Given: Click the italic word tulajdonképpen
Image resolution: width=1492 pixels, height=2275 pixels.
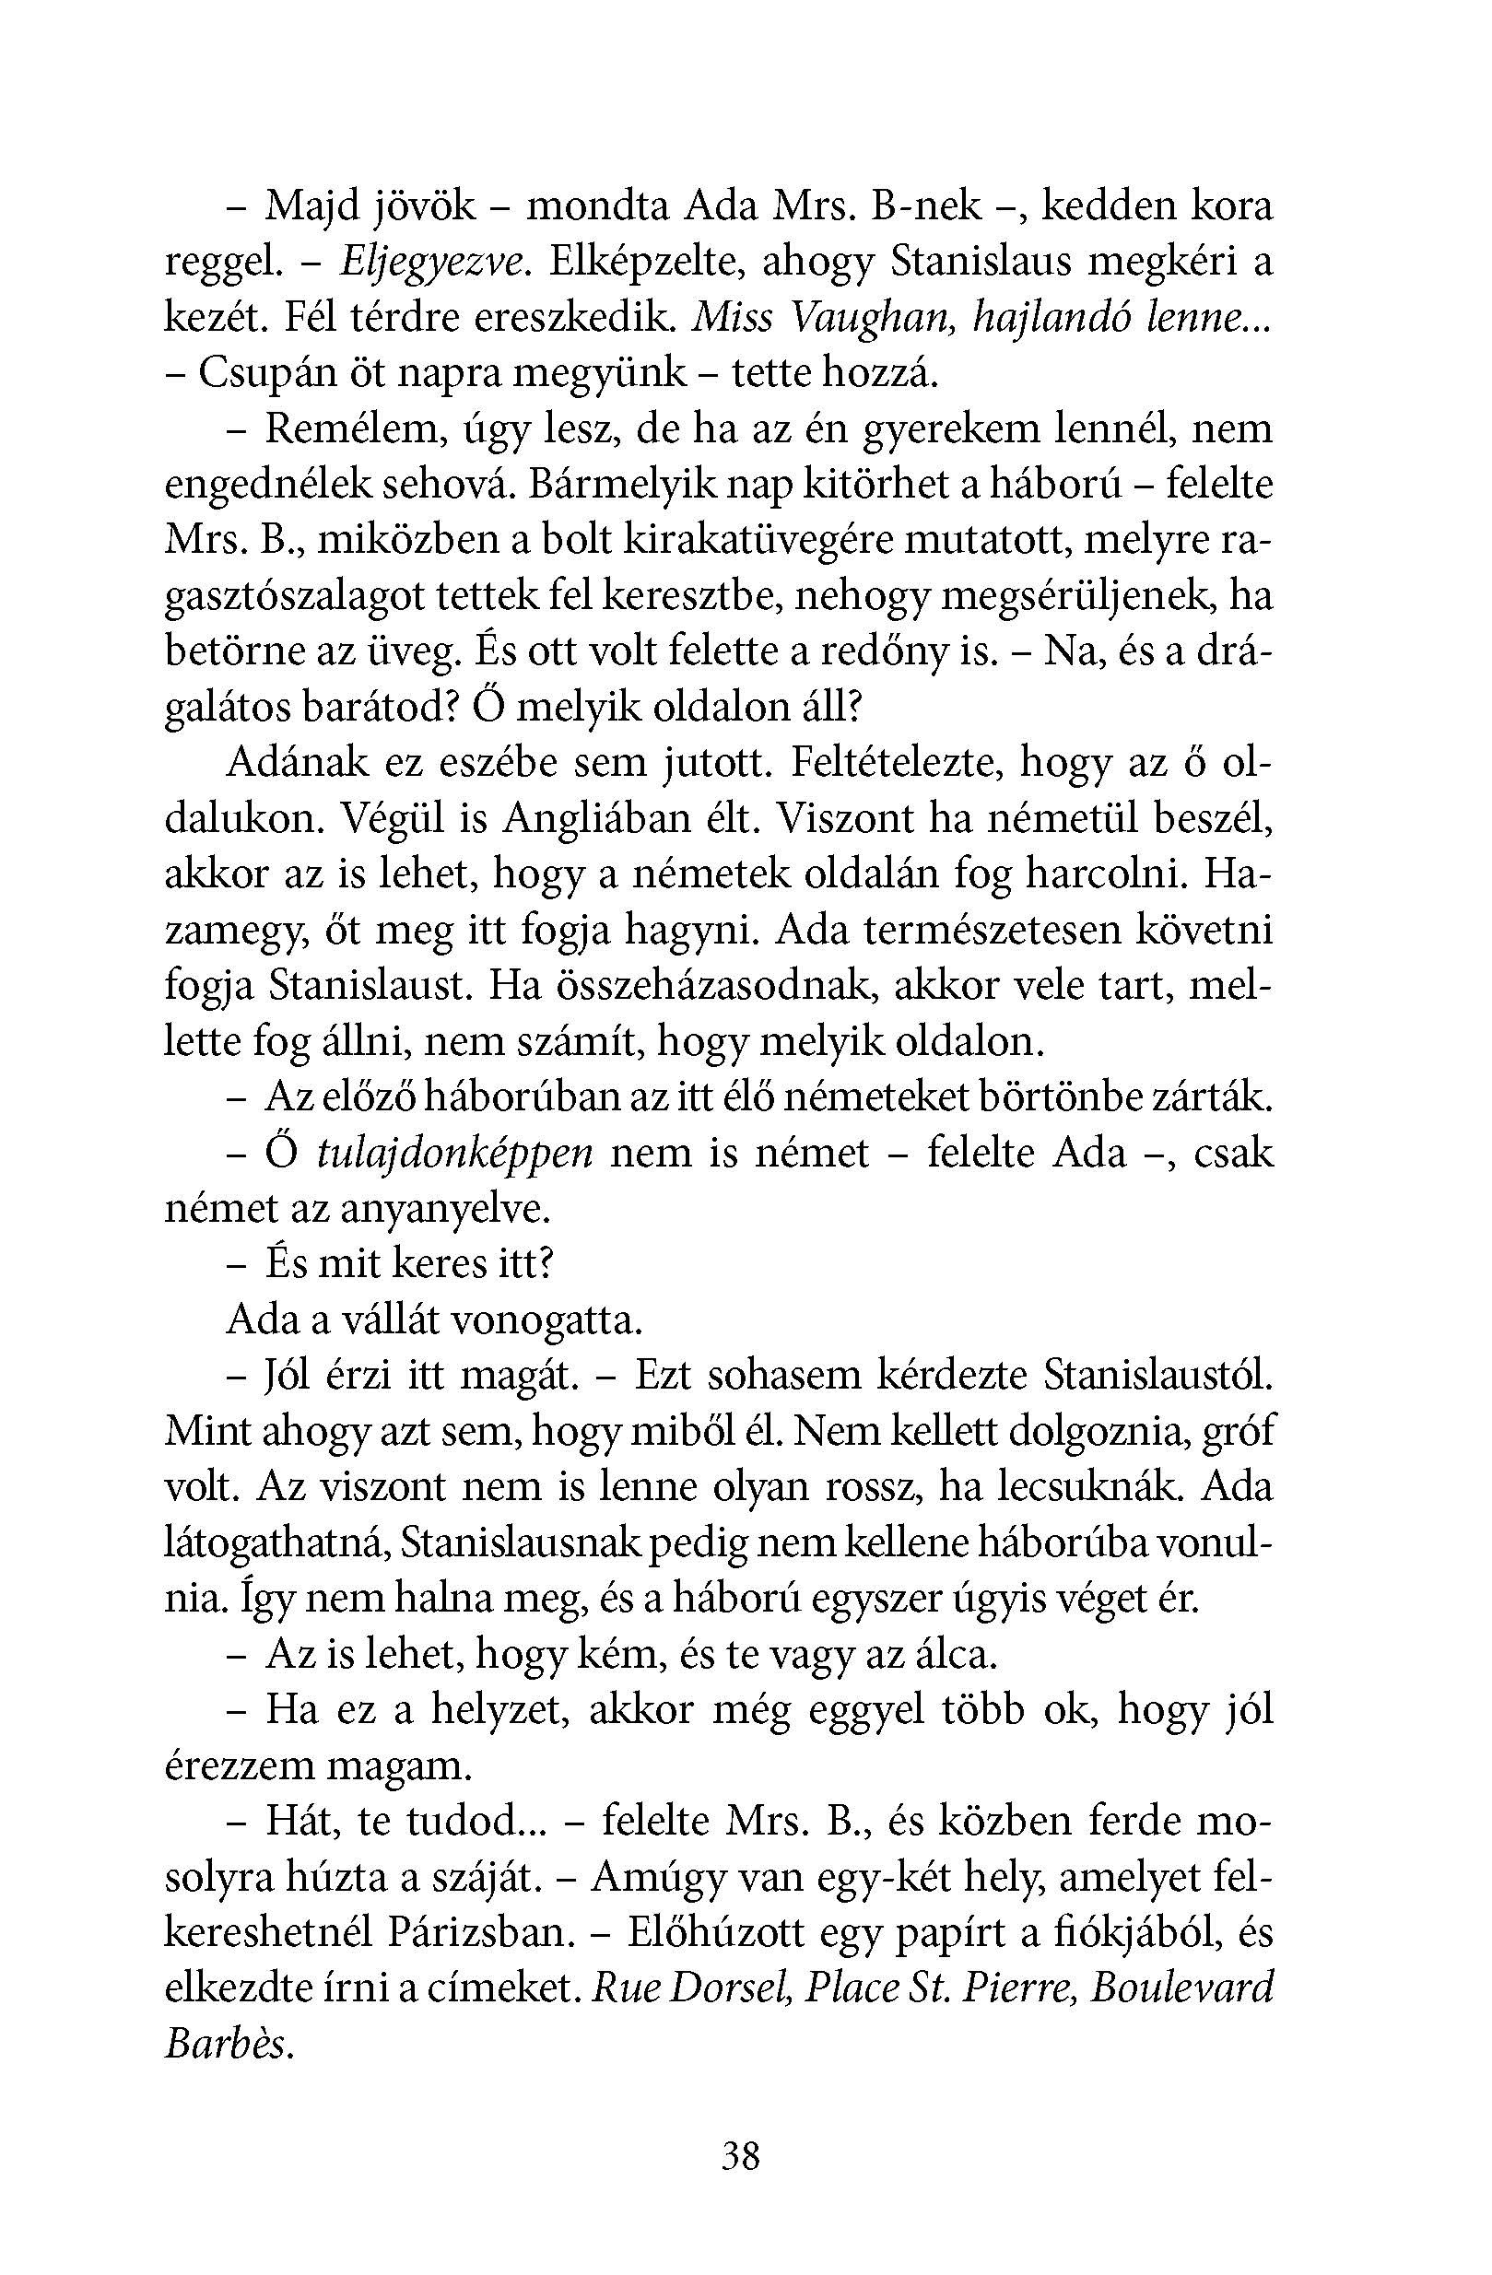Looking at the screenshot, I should click(453, 1154).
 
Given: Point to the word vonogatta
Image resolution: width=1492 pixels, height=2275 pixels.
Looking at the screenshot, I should click(546, 1321).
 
